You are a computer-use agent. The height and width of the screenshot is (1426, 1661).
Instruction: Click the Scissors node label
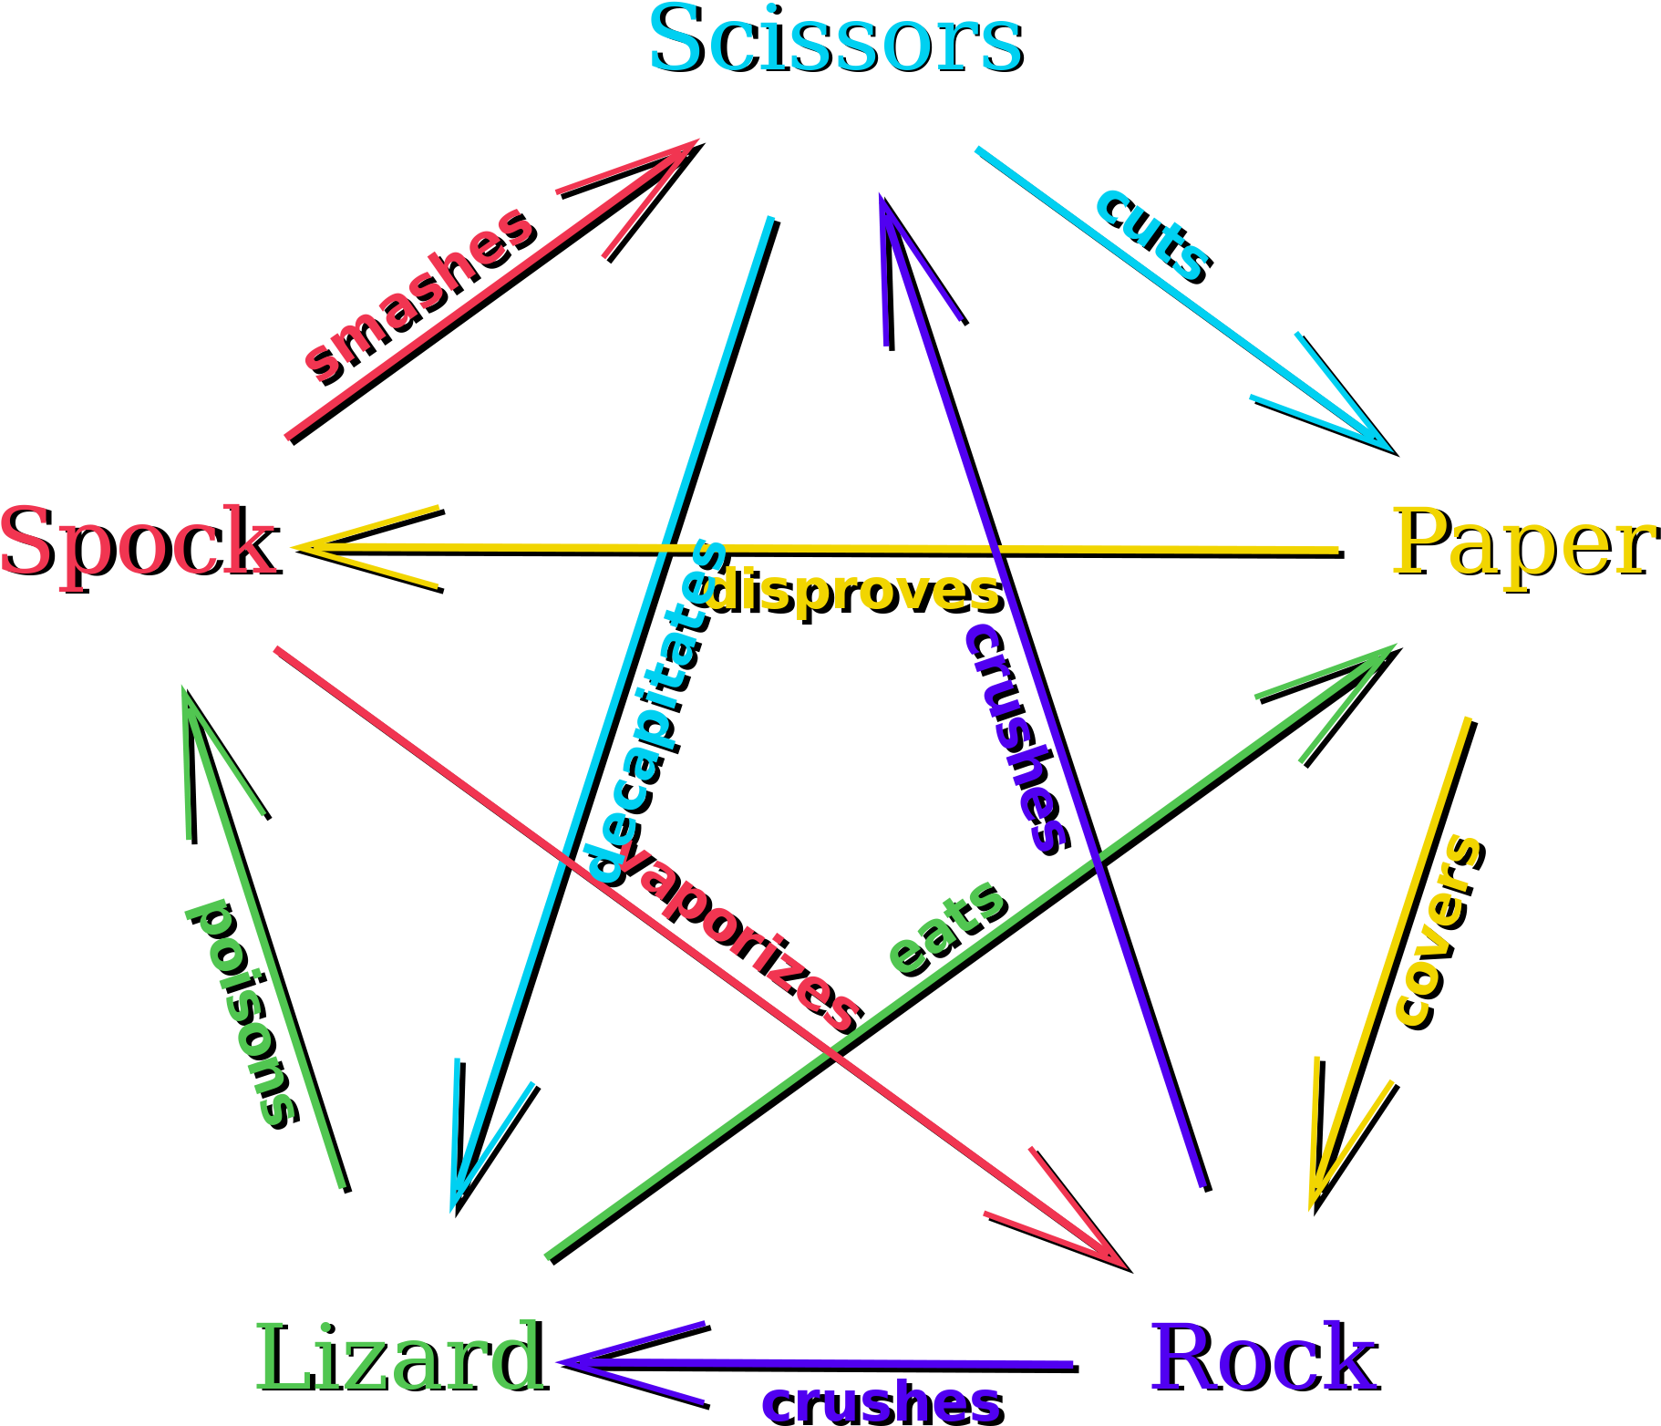click(x=834, y=40)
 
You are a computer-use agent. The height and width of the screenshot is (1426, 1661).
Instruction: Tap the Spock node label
click(x=137, y=542)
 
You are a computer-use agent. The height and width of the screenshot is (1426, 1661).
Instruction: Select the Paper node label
click(x=1522, y=543)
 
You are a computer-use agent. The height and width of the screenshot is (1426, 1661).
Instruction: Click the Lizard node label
click(x=399, y=1359)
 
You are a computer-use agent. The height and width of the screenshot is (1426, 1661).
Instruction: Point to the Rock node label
click(x=1264, y=1359)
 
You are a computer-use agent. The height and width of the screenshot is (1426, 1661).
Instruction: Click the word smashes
click(x=418, y=293)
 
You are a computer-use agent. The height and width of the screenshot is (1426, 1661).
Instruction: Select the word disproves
click(x=851, y=592)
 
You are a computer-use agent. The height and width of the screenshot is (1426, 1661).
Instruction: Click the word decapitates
click(x=655, y=711)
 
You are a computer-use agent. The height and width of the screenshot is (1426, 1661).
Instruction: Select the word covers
click(x=1438, y=928)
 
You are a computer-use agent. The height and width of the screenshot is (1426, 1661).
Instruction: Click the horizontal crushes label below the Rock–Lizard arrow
click(x=880, y=1402)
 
